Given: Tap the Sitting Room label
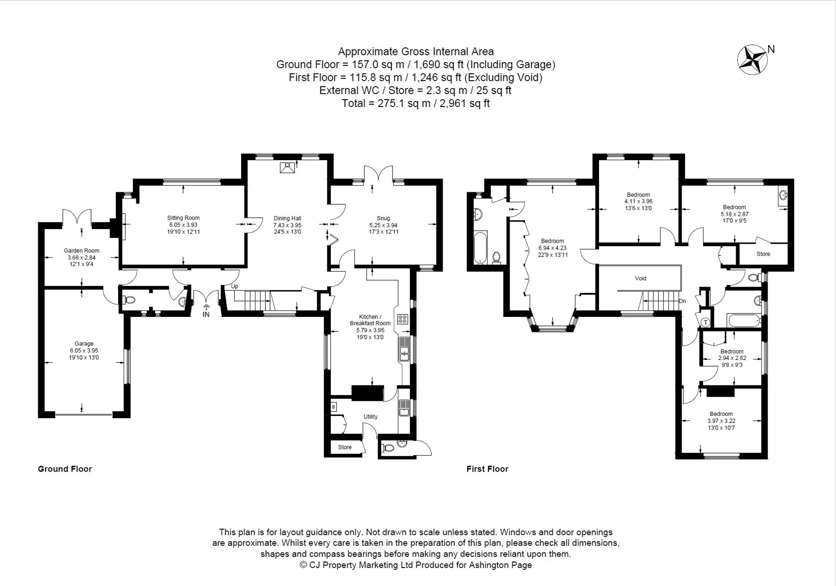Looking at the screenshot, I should click(x=183, y=218).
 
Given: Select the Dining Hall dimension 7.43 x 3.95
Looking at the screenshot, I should click(x=287, y=225).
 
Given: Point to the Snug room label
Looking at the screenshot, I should click(x=383, y=218).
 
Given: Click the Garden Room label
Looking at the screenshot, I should click(x=82, y=251).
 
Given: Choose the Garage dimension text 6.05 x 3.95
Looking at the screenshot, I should click(x=84, y=351).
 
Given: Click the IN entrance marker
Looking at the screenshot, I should click(x=206, y=314).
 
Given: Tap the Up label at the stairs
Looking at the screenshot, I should click(x=235, y=286).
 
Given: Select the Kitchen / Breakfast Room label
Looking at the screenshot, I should click(x=370, y=320).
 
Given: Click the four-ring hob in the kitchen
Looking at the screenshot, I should click(x=403, y=319).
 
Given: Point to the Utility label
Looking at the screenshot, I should click(x=370, y=417).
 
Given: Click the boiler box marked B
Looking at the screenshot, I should click(x=333, y=407).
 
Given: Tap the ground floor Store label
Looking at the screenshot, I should click(x=345, y=447).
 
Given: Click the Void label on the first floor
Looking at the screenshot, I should click(x=640, y=278).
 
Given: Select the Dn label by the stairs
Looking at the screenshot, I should click(x=682, y=301).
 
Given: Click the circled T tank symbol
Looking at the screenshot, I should click(x=706, y=322).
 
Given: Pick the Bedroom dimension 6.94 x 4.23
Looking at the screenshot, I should click(x=553, y=248).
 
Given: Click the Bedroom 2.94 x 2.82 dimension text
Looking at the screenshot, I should click(x=732, y=358).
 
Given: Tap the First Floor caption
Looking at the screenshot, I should click(x=487, y=469).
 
